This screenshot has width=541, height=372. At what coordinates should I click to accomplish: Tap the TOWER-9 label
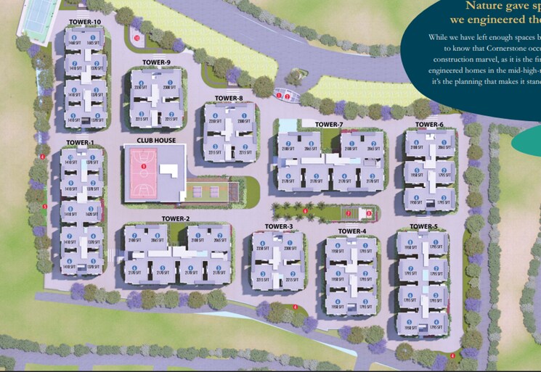click(x=156, y=62)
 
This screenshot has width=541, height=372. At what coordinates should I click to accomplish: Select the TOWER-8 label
click(x=229, y=98)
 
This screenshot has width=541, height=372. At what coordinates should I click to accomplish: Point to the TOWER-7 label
click(x=329, y=125)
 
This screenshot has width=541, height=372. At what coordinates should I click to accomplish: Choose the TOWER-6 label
click(x=429, y=125)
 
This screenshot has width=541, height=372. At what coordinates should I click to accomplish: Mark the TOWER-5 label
click(x=423, y=227)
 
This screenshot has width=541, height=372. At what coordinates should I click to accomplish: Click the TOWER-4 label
click(x=352, y=231)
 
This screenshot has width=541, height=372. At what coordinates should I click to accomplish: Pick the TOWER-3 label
click(x=279, y=227)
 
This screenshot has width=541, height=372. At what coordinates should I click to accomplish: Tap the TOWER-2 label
click(x=176, y=218)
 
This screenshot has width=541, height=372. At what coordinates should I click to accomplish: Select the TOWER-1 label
click(x=80, y=142)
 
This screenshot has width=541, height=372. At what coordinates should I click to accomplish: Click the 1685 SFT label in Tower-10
click(x=94, y=44)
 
